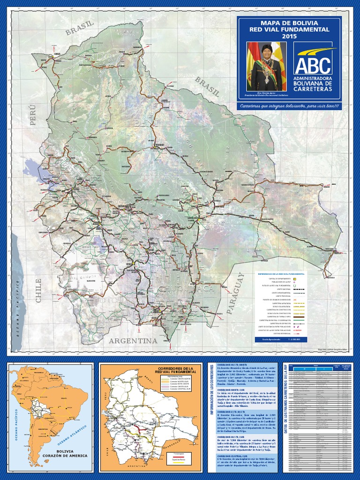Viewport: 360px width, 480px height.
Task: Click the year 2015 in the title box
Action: pyautogui.click(x=289, y=36)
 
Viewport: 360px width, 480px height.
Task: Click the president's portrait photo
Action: pyautogui.click(x=266, y=67)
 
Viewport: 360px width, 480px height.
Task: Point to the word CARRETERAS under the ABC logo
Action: pyautogui.click(x=312, y=89)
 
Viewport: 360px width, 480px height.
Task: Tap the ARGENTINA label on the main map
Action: pyautogui.click(x=133, y=340)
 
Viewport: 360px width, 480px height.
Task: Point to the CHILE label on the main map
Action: pyautogui.click(x=38, y=290)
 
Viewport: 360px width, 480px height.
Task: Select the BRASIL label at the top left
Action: pyautogui.click(x=80, y=28)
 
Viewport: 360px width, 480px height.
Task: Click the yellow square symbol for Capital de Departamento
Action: pyautogui.click(x=295, y=278)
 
